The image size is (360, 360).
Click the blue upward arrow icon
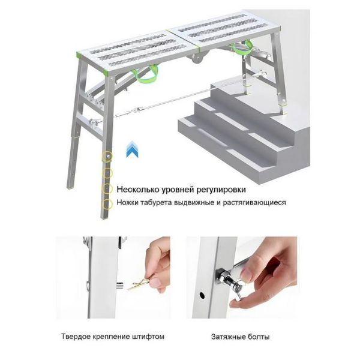133,149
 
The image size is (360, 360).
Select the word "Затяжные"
228,337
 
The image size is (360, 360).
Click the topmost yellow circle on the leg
107,157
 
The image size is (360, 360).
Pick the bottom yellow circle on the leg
107,204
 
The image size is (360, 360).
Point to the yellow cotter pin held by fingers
139,284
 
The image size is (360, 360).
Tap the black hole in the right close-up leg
202,295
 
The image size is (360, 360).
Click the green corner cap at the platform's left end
79,56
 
